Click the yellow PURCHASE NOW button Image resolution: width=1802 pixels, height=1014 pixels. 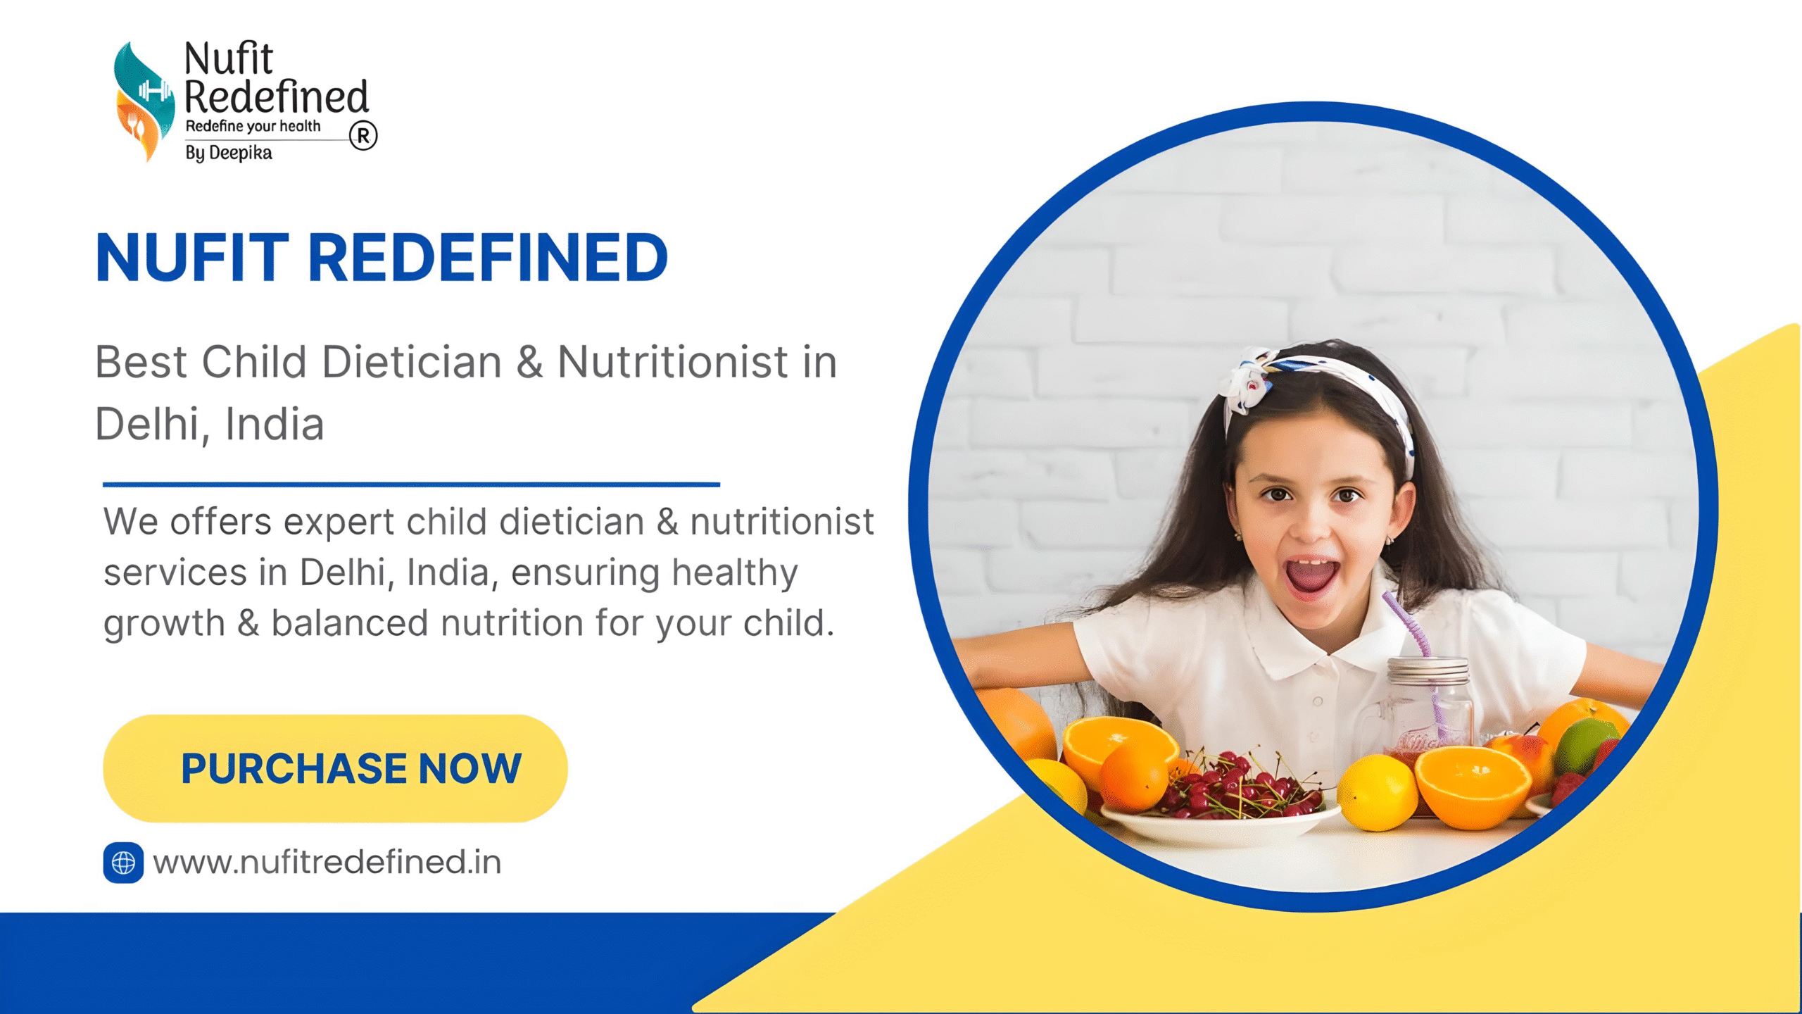pyautogui.click(x=335, y=768)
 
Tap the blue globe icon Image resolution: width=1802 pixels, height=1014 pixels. pyautogui.click(x=123, y=863)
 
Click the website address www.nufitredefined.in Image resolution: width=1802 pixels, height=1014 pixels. pyautogui.click(x=327, y=863)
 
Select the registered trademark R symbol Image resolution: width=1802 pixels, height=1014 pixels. pyautogui.click(x=363, y=136)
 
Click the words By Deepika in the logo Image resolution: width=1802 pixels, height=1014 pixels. pyautogui.click(x=229, y=153)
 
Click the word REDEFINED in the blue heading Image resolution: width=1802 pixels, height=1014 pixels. pyautogui.click(x=487, y=258)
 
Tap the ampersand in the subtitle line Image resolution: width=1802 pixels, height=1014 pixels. pyautogui.click(x=529, y=363)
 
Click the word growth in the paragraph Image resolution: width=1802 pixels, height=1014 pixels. pyautogui.click(x=164, y=624)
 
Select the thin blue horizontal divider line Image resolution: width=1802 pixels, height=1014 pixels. pyautogui.click(x=411, y=484)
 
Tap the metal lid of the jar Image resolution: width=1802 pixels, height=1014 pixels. pyautogui.click(x=1428, y=670)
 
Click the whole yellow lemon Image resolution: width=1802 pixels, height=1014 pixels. pyautogui.click(x=1376, y=792)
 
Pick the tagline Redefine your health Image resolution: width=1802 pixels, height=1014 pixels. pyautogui.click(x=253, y=127)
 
